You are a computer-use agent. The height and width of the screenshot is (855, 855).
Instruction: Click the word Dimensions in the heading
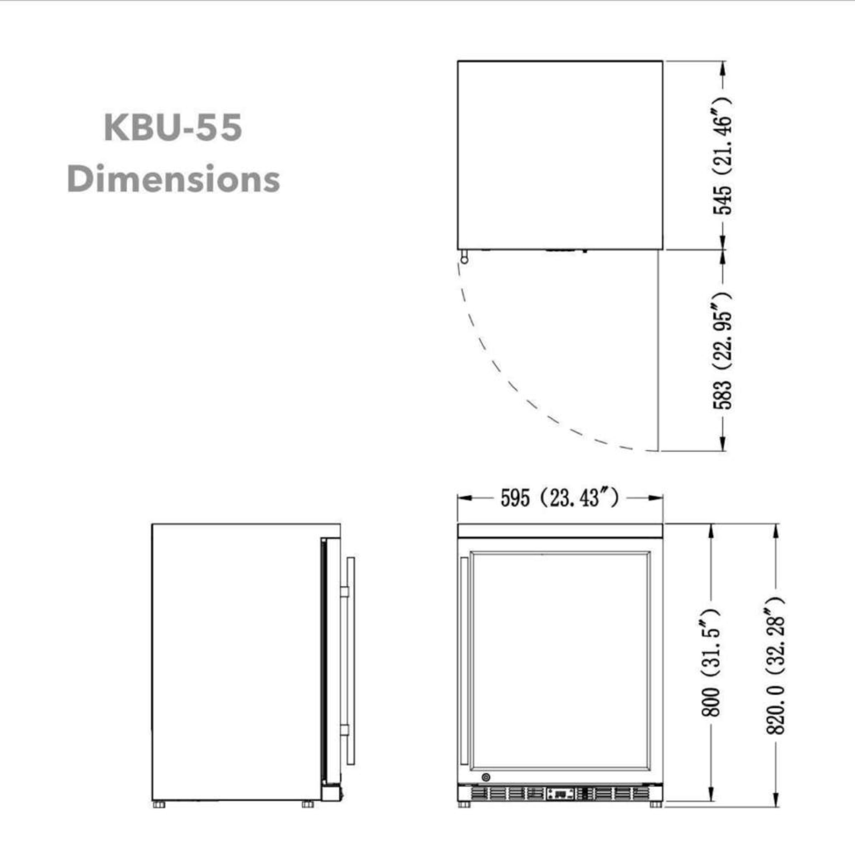tap(173, 179)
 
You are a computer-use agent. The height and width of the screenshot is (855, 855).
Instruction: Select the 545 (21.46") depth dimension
tap(722, 155)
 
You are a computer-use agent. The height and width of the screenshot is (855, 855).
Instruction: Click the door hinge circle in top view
tap(464, 260)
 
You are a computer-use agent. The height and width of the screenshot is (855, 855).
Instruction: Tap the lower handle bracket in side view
tap(344, 729)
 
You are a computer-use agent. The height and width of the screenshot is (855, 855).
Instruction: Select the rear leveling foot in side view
tap(159, 804)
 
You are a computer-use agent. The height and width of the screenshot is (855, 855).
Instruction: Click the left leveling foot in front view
tap(464, 804)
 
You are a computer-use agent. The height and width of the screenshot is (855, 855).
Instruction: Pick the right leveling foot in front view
tap(656, 804)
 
